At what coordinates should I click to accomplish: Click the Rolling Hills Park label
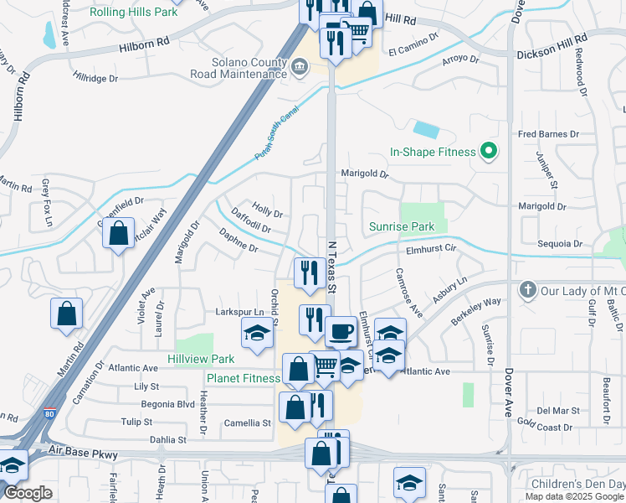tap(134, 13)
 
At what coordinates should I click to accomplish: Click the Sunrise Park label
tap(403, 226)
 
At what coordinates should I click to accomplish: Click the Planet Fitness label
tap(244, 378)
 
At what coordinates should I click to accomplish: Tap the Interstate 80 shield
tap(50, 413)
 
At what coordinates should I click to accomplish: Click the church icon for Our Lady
tap(527, 290)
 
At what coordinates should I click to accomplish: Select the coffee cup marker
tap(340, 332)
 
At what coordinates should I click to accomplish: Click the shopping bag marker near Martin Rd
tap(67, 314)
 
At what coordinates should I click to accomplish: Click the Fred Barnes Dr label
tap(548, 134)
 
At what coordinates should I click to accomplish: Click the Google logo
tap(28, 494)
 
